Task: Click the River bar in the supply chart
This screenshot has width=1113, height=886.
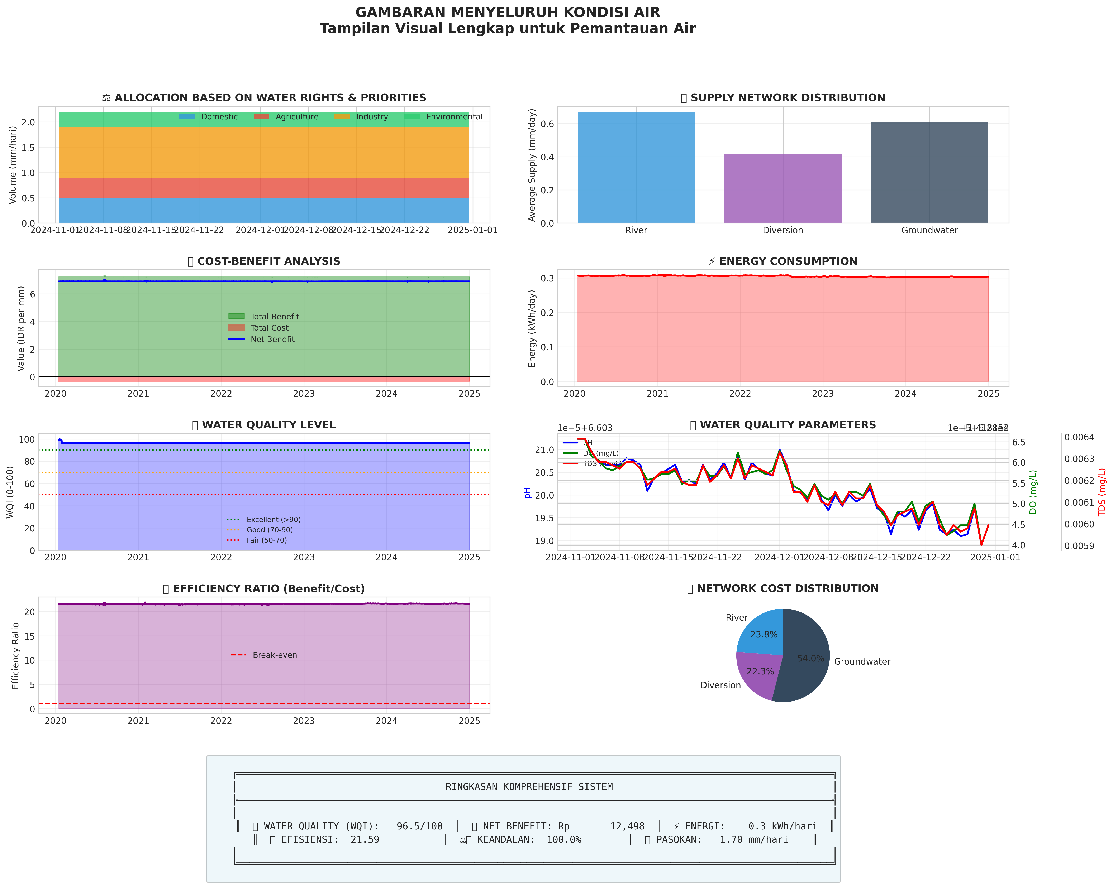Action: [636, 168]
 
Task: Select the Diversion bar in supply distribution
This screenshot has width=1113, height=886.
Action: [783, 188]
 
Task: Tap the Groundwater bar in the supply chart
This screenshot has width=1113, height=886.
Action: [929, 173]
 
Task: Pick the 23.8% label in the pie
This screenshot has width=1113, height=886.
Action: [764, 635]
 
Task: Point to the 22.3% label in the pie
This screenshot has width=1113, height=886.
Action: [760, 671]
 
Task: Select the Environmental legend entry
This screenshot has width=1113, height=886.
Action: [454, 117]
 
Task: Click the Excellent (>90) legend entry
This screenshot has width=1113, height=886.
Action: [273, 520]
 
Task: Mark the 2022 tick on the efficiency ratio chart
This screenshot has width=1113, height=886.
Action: [221, 721]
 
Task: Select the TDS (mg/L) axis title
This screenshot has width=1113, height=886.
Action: [1102, 492]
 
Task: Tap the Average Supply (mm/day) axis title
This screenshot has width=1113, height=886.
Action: [532, 165]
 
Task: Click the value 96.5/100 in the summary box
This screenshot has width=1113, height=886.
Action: [419, 826]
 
